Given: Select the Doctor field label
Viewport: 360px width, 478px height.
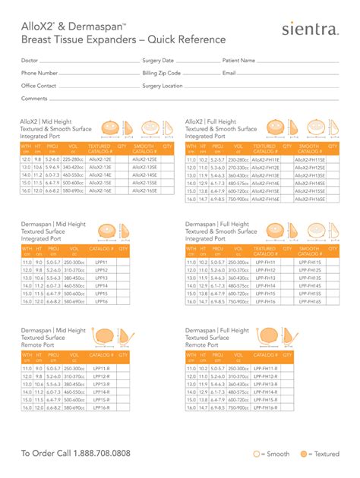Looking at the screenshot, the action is click(30, 60).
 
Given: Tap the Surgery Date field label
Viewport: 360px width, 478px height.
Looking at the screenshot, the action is click(158, 60).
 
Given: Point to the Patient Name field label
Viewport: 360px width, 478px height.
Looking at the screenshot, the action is click(240, 60).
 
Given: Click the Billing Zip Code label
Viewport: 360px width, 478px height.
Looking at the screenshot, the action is click(161, 73).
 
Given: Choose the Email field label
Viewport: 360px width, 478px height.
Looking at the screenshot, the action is click(229, 73).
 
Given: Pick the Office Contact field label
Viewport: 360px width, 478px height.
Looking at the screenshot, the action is click(39, 86).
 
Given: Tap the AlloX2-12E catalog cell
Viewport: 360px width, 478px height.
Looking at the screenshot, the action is click(99, 160).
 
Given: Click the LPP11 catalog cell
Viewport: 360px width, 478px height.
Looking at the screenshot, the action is click(100, 263).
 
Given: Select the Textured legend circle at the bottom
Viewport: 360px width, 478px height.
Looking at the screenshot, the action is click(302, 454).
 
